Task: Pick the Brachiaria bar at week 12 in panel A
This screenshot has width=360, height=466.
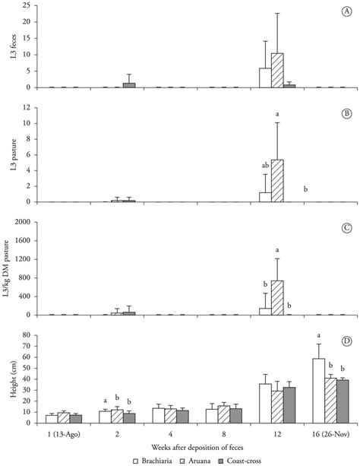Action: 265,78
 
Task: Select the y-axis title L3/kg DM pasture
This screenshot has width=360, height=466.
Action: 10,268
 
